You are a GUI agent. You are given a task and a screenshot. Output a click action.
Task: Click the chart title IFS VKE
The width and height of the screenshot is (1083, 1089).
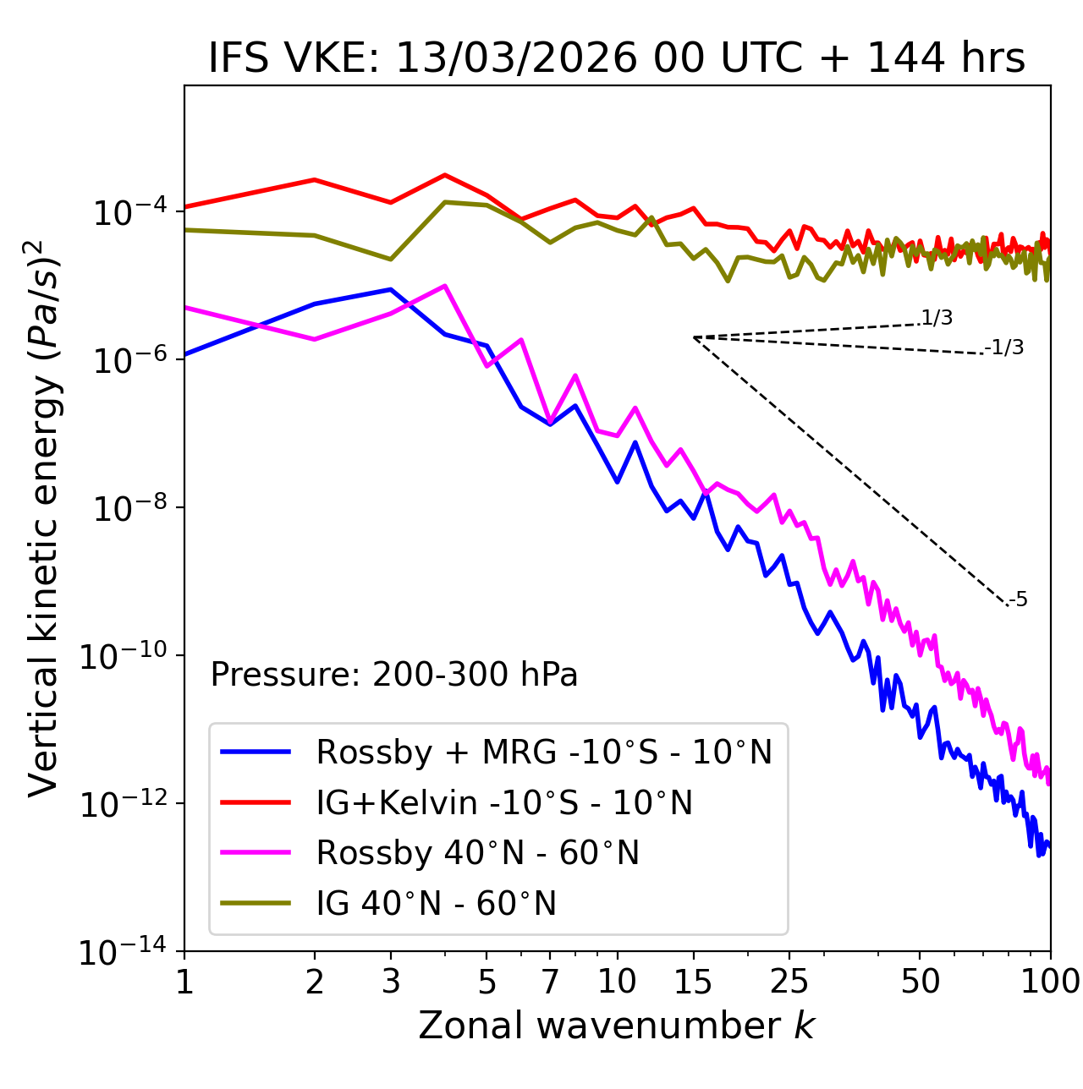pyautogui.click(x=617, y=59)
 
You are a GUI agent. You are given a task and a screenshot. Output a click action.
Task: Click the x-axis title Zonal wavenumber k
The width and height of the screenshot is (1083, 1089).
pyautogui.click(x=617, y=1026)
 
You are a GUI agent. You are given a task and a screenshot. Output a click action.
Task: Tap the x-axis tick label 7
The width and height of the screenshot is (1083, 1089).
pyautogui.click(x=550, y=982)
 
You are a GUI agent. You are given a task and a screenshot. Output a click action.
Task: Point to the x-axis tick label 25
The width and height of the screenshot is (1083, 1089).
pyautogui.click(x=789, y=982)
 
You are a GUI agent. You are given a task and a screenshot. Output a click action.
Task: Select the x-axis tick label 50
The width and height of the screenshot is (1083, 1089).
pyautogui.click(x=920, y=982)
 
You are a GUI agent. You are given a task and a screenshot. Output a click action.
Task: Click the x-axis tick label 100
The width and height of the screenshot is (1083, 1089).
pyautogui.click(x=1049, y=982)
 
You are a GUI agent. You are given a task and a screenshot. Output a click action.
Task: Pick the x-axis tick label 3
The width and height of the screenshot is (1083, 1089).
pyautogui.click(x=391, y=982)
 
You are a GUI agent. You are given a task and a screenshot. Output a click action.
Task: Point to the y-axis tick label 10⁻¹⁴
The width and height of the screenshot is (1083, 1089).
pyautogui.click(x=123, y=953)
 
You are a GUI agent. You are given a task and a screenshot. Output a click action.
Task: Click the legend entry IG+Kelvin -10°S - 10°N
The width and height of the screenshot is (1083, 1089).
pyautogui.click(x=504, y=802)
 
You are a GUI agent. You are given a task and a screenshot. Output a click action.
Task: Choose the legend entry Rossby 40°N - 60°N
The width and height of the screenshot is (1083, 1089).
pyautogui.click(x=477, y=853)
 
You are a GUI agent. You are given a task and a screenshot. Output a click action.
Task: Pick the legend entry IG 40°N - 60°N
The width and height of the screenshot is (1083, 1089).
pyautogui.click(x=436, y=904)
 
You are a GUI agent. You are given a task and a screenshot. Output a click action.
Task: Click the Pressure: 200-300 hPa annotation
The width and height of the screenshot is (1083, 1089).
pyautogui.click(x=393, y=675)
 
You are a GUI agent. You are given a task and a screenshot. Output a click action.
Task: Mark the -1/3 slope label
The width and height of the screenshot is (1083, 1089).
pyautogui.click(x=1005, y=347)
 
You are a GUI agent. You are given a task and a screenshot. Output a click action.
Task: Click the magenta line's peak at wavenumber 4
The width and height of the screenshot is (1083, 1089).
pyautogui.click(x=445, y=286)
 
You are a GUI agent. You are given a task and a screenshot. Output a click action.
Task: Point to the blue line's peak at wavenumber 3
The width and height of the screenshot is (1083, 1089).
pyautogui.click(x=391, y=289)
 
